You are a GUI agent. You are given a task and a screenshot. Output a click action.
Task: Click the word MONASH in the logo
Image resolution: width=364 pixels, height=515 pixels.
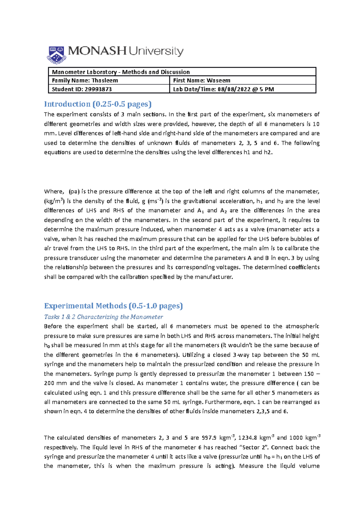pos(97,51)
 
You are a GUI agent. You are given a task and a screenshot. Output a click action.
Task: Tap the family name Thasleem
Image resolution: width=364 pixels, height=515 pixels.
pos(105,80)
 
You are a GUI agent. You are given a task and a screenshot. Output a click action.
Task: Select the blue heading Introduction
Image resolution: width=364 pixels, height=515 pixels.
pos(67,104)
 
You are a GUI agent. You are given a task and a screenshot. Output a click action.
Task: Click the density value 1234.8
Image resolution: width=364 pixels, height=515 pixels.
pos(248,438)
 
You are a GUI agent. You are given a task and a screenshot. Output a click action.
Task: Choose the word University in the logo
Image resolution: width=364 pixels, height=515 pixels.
pos(156,51)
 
